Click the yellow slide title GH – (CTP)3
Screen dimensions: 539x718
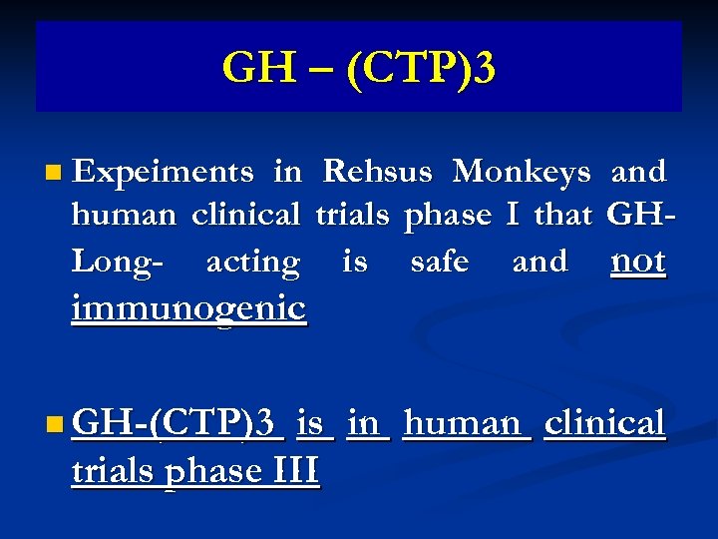(x=359, y=69)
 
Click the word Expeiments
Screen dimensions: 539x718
(x=164, y=173)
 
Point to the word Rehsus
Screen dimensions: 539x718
(x=377, y=173)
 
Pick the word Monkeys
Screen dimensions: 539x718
(x=522, y=173)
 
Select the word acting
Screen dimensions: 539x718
(x=252, y=263)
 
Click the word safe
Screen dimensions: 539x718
(x=439, y=262)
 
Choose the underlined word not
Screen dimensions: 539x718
(x=637, y=261)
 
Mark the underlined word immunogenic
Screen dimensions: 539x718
(x=188, y=308)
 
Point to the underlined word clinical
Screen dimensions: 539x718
(x=604, y=423)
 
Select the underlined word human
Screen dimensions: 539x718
(x=462, y=424)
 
